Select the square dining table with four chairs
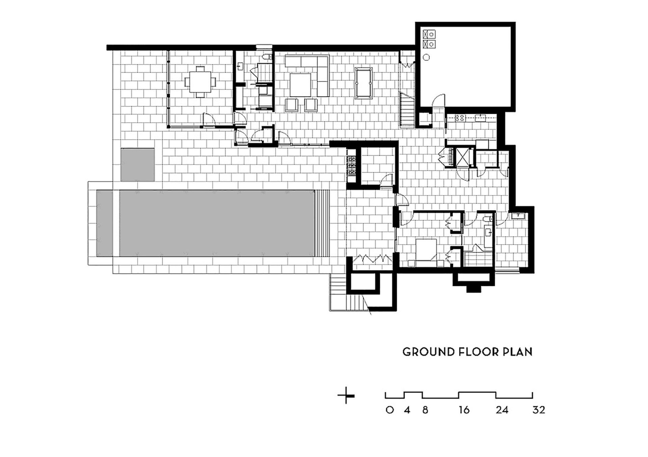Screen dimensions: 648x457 [200, 82]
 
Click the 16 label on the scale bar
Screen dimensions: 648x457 [464, 410]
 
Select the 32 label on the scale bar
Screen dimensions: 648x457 [539, 410]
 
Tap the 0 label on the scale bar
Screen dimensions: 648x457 [389, 410]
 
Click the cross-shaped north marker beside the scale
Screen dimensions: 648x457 [346, 395]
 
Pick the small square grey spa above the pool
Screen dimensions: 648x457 [138, 165]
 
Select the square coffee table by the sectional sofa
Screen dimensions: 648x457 [300, 85]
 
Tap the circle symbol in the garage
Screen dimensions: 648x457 [426, 57]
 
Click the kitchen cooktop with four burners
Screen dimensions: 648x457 [460, 118]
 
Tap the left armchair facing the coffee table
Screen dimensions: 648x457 [292, 105]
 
